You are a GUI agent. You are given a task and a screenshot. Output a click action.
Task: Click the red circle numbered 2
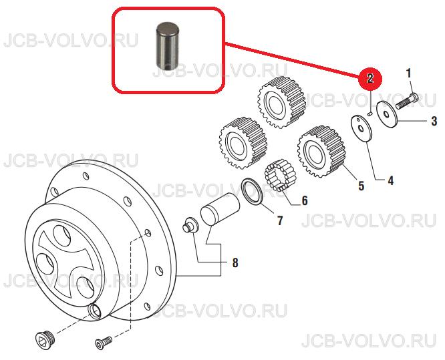(x=370, y=78)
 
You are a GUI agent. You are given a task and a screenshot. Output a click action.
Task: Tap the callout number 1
(x=408, y=73)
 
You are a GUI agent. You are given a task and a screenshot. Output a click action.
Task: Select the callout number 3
(x=434, y=121)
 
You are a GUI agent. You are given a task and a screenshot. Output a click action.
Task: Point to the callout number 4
(x=391, y=180)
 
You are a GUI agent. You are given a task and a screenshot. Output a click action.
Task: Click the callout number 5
(x=361, y=186)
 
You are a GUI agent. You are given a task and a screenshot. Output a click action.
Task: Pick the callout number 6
(x=305, y=200)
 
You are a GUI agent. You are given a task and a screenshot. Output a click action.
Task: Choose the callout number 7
(x=280, y=220)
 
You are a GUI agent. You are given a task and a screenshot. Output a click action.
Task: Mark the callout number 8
(x=235, y=262)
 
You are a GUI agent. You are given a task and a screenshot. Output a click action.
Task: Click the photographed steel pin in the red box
(x=168, y=45)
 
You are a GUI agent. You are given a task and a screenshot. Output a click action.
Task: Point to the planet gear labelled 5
(x=321, y=152)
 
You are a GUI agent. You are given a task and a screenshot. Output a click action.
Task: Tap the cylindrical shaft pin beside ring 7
(x=220, y=209)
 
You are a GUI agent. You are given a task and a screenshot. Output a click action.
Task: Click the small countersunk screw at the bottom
(x=104, y=343)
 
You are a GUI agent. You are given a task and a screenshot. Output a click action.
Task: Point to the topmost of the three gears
(x=282, y=103)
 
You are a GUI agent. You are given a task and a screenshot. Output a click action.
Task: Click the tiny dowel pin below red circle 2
(x=369, y=114)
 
